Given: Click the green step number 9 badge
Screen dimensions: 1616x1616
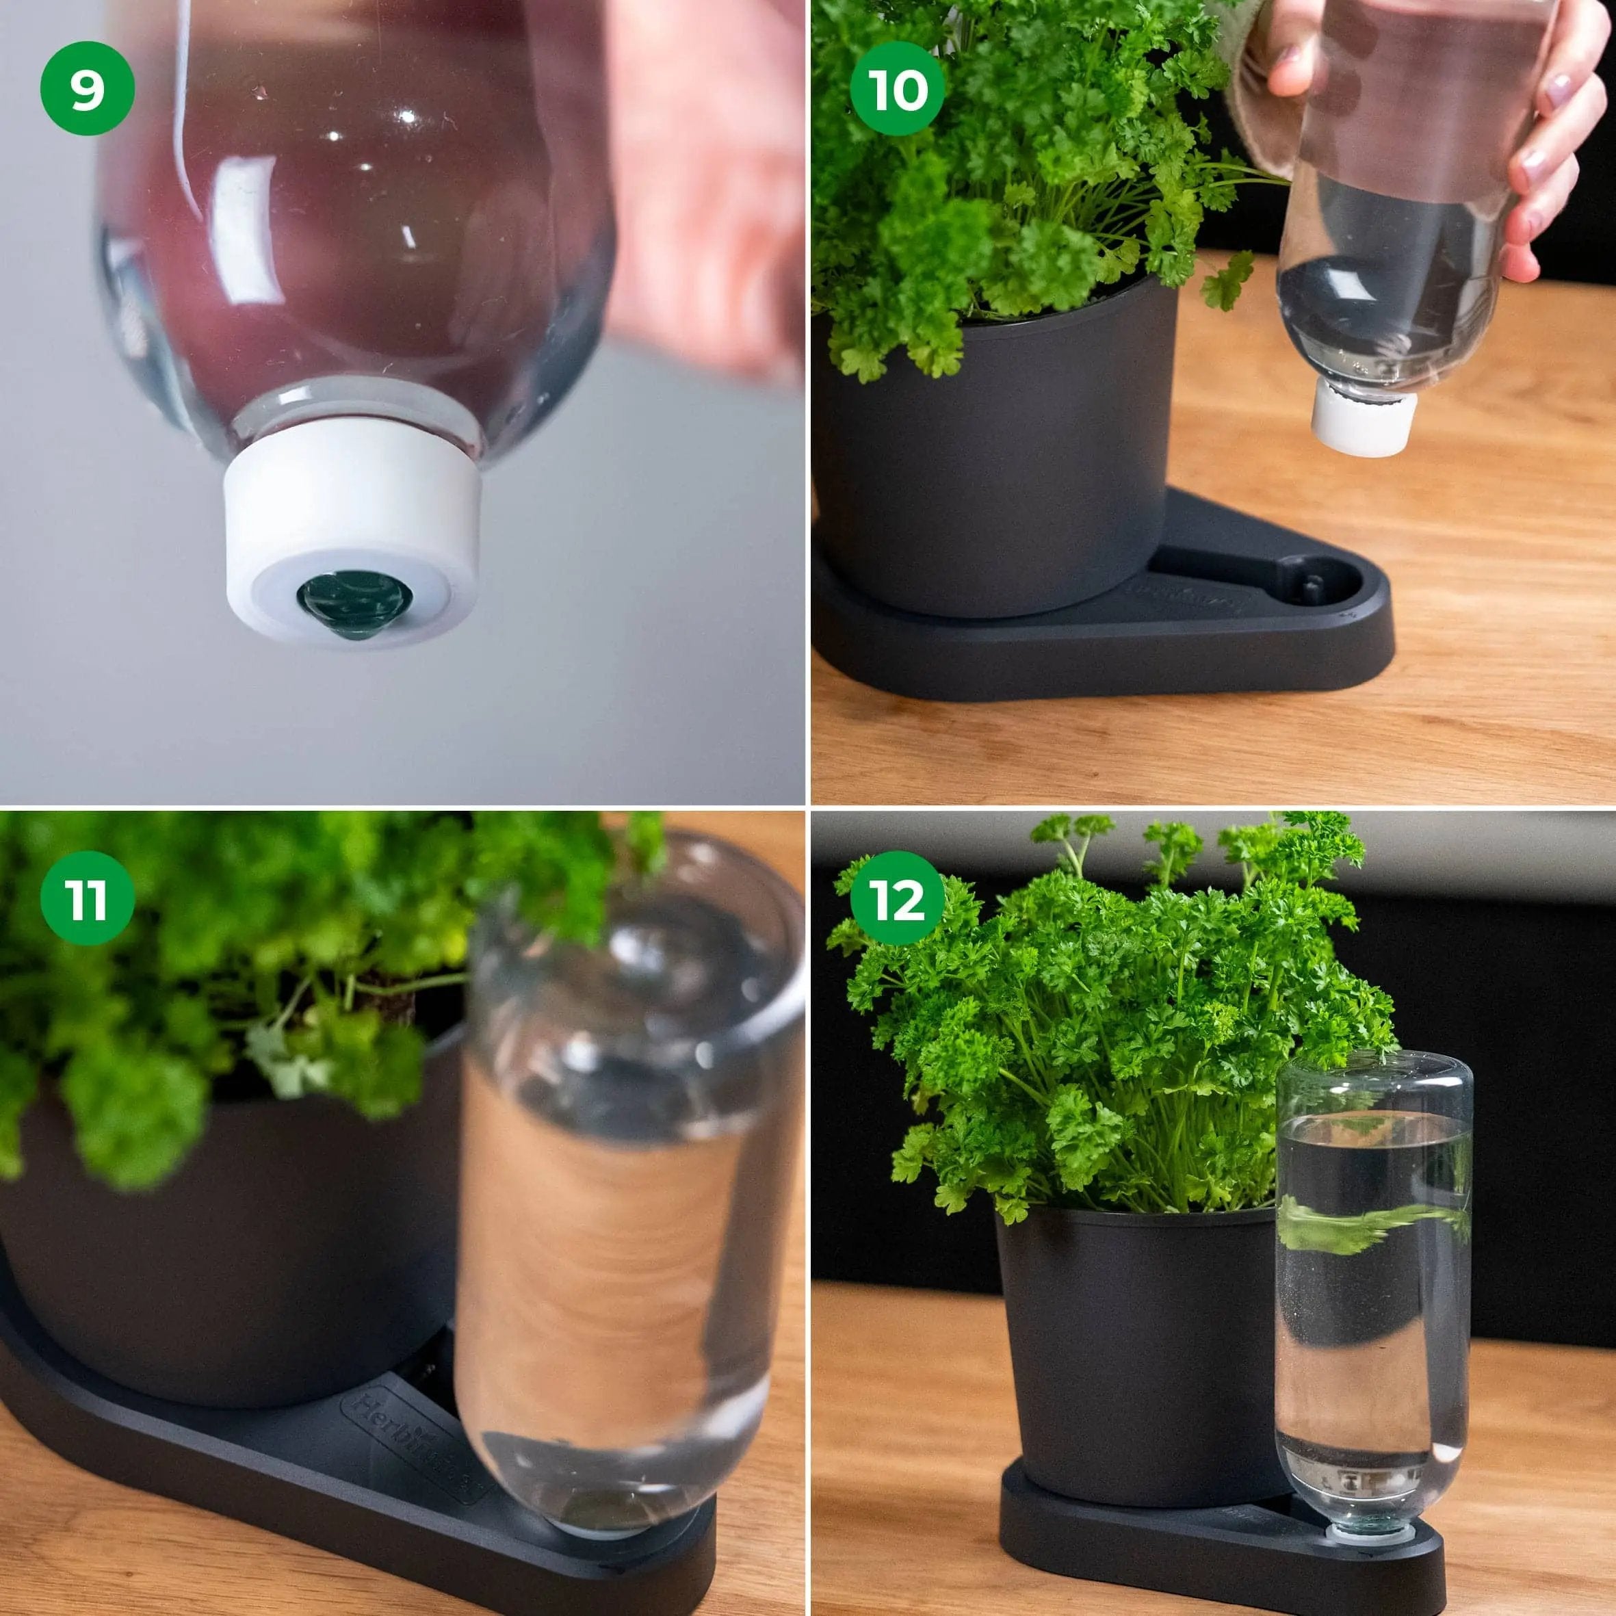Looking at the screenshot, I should coord(87,88).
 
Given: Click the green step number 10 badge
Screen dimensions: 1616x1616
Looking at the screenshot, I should coord(898,88).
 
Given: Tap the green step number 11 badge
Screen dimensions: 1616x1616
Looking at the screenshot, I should coord(87,898).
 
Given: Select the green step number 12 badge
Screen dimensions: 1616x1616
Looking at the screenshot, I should coord(898,898).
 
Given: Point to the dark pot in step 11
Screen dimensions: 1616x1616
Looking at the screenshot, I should coord(218,1255).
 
